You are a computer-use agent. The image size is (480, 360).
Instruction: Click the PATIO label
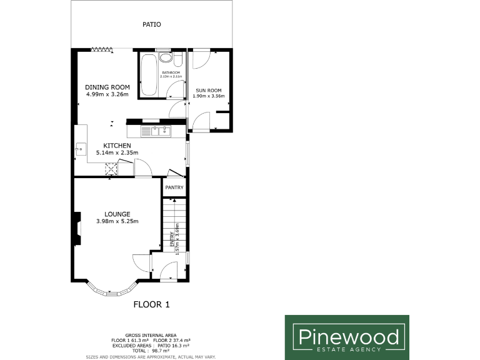pyautogui.click(x=152, y=25)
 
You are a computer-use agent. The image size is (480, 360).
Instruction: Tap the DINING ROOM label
pyautogui.click(x=107, y=87)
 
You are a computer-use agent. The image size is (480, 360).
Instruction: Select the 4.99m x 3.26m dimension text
pyautogui.click(x=107, y=94)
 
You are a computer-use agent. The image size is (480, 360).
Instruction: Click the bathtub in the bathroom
pyautogui.click(x=149, y=76)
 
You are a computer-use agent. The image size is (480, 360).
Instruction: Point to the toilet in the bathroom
pyautogui.click(x=177, y=59)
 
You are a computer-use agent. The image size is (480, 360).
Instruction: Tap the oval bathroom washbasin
pyautogui.click(x=166, y=58)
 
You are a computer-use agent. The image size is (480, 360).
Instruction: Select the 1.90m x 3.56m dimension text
pyautogui.click(x=208, y=97)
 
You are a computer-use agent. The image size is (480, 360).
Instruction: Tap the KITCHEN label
pyautogui.click(x=117, y=146)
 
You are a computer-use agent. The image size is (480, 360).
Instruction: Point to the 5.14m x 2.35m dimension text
pyautogui.click(x=117, y=152)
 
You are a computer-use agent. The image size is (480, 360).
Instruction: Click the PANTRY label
pyautogui.click(x=174, y=186)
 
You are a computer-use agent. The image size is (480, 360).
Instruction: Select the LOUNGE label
pyautogui.click(x=117, y=214)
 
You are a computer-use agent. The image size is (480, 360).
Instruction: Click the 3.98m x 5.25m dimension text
pyautogui.click(x=117, y=221)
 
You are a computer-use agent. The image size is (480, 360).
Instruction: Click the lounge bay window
pyautogui.click(x=111, y=290)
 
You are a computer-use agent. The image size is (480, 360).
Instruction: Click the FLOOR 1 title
pyautogui.click(x=152, y=305)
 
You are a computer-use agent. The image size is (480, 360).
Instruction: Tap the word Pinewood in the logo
pyautogui.click(x=347, y=337)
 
